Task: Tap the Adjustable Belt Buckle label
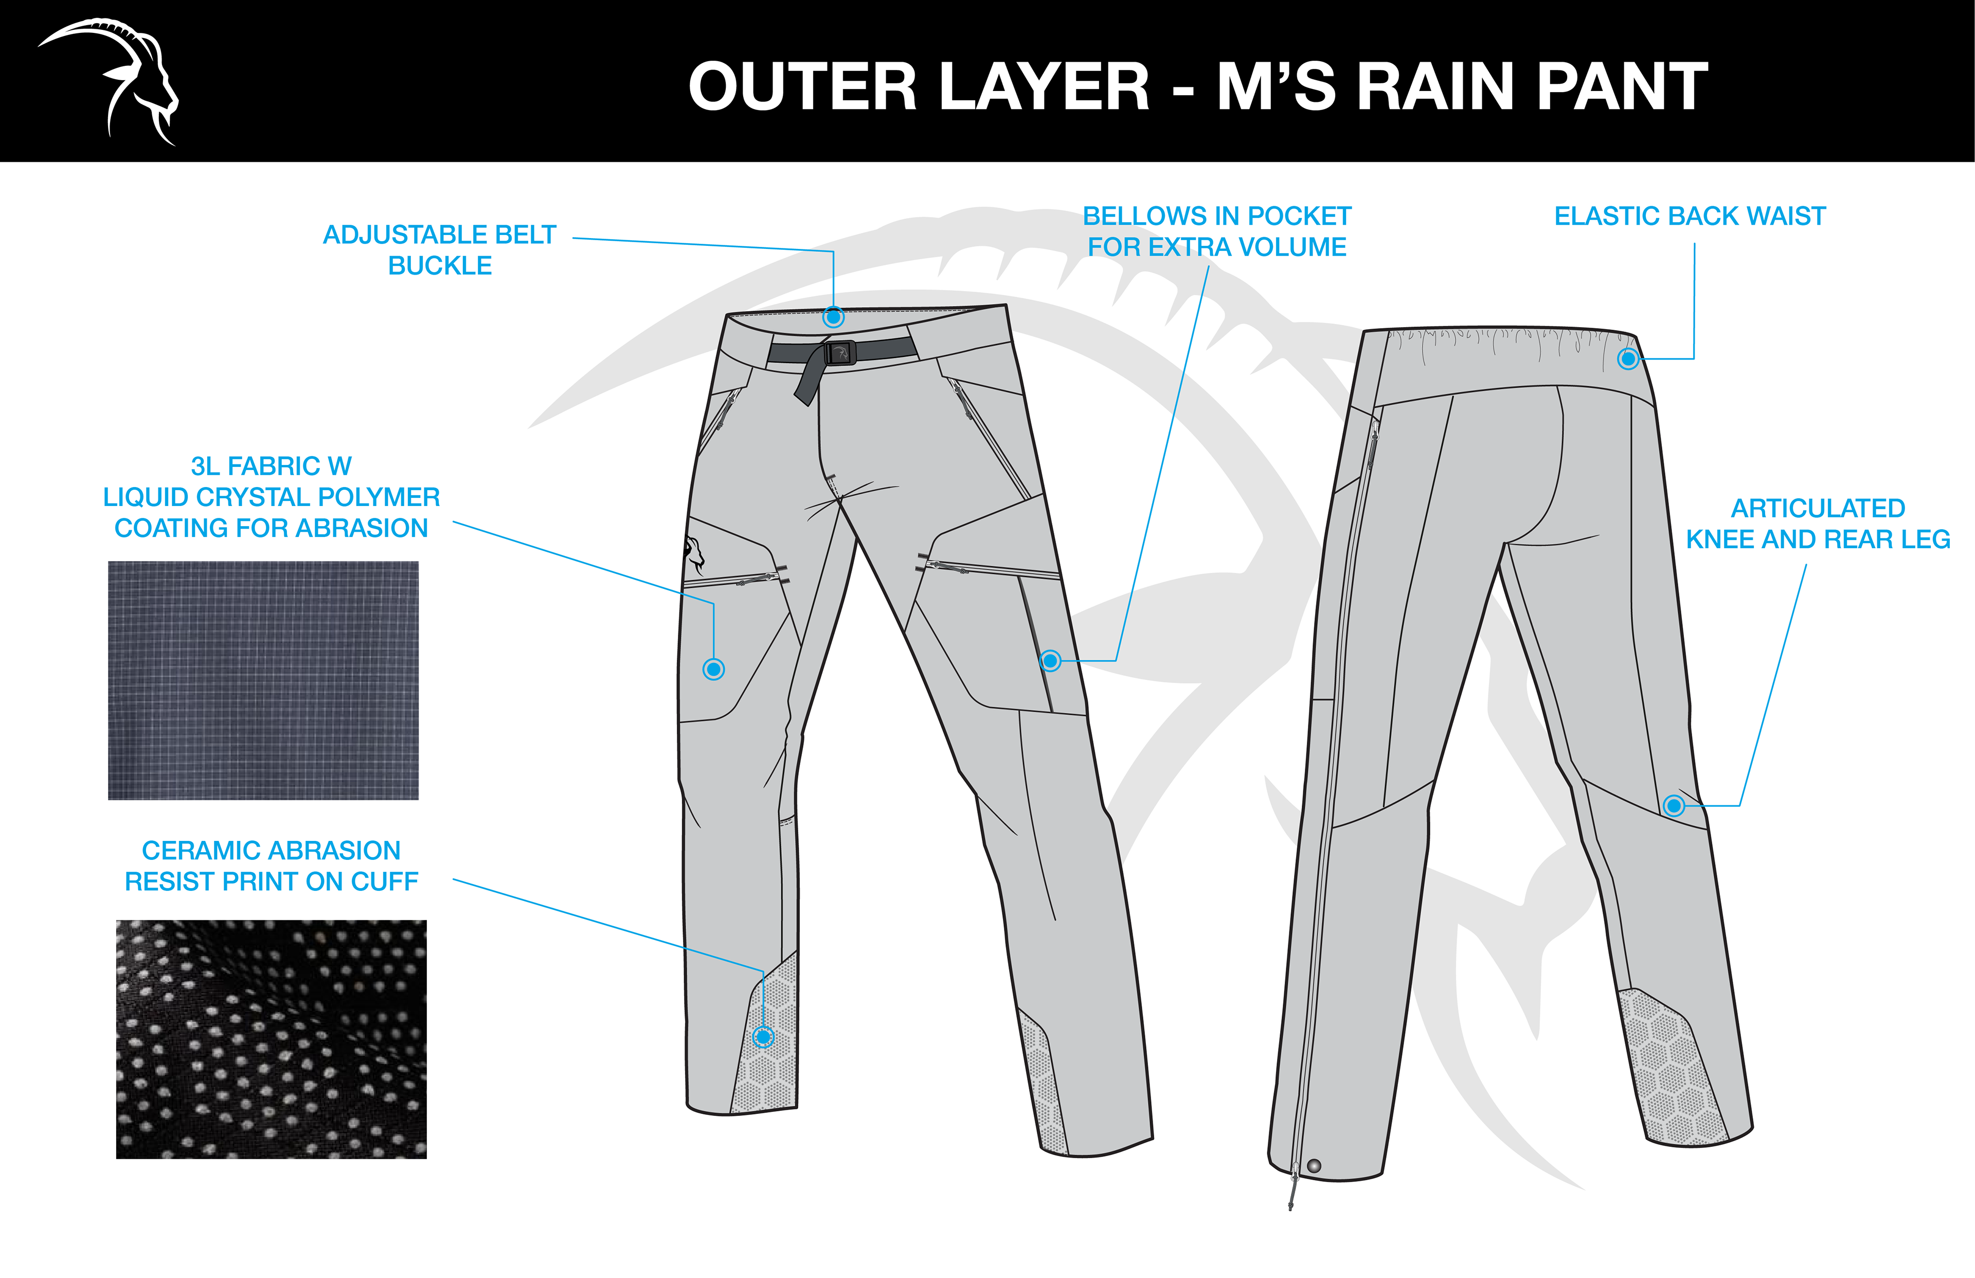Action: (439, 250)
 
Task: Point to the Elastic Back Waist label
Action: (1690, 217)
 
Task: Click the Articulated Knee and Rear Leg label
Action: (1817, 524)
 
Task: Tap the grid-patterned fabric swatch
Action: (263, 680)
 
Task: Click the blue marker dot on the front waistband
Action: (833, 317)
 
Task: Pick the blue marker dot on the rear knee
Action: (1674, 806)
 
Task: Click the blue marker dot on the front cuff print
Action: (763, 1036)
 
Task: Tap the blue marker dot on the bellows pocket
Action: (1051, 660)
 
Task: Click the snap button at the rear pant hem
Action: (1314, 1166)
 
